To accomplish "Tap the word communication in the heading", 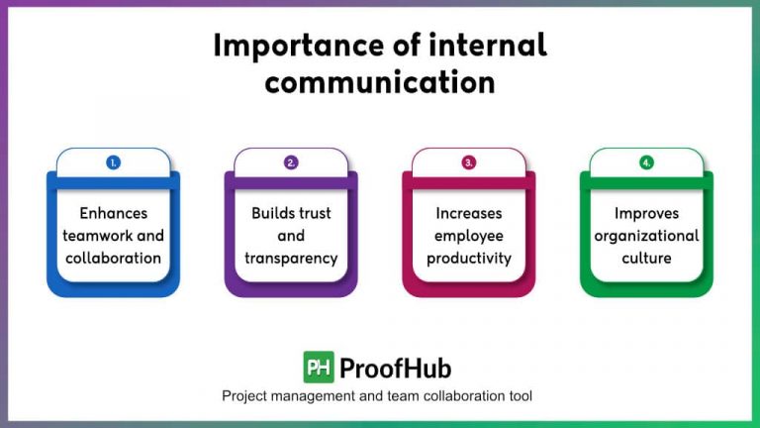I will coord(380,82).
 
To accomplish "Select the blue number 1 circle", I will coord(113,162).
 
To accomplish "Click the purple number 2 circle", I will coord(291,162).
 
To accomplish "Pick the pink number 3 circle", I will coord(469,162).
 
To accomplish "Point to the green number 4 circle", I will coord(646,162).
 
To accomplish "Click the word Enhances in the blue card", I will coord(113,213).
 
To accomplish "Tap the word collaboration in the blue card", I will coord(113,259).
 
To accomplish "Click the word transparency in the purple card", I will coord(291,259).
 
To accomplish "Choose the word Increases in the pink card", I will coord(469,213).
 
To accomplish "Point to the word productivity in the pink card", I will coord(469,259).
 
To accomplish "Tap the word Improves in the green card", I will coord(646,213).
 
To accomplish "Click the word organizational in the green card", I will coord(646,236).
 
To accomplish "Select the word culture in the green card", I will coord(646,259).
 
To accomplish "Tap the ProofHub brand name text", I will coord(395,369).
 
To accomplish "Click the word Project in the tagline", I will coord(244,396).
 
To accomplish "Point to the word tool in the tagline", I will coord(521,396).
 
